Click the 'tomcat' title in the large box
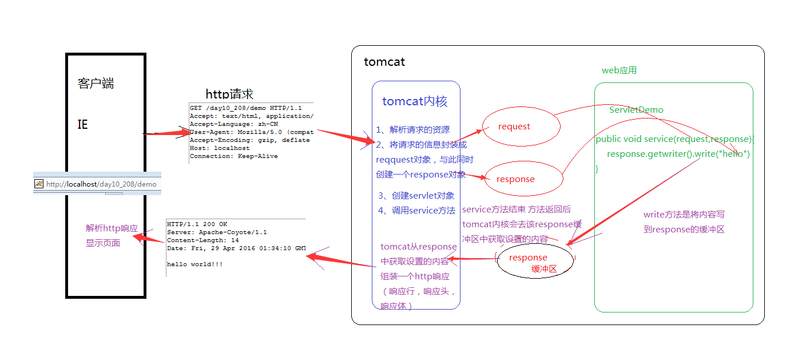point(384,62)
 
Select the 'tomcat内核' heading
point(415,102)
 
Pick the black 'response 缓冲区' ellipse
point(534,262)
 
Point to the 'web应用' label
point(619,70)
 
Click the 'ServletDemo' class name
point(636,109)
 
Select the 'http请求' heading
point(229,94)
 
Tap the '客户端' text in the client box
point(96,84)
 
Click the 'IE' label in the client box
point(83,124)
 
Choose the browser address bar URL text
point(101,184)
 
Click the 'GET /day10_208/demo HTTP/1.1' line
point(246,108)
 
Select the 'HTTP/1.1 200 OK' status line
point(197,224)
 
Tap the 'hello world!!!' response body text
point(194,264)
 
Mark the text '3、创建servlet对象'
point(416,196)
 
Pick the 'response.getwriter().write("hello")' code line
point(678,154)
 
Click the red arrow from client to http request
point(166,133)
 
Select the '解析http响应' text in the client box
point(112,228)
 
